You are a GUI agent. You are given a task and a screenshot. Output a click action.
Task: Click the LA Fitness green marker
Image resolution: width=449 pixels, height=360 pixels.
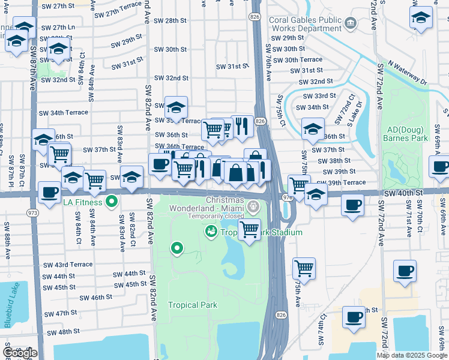tap(111, 201)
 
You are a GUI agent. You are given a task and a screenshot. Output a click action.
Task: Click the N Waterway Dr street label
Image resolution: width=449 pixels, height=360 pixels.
tap(407, 70)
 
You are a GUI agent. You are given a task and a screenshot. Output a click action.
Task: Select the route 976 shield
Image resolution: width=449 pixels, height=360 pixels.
tap(287, 196)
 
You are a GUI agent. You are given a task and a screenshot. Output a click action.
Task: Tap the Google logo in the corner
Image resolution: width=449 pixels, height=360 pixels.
tap(19, 353)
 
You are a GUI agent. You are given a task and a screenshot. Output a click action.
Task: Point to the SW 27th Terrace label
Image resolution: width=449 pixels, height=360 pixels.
tap(122, 13)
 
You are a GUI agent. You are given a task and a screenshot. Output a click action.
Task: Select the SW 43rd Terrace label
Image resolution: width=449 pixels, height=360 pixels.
tap(68, 265)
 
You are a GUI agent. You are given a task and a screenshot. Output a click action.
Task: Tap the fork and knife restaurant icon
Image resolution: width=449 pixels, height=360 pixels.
tap(242, 126)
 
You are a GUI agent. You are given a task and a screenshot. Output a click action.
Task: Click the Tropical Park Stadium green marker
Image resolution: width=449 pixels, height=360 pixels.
tap(211, 231)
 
